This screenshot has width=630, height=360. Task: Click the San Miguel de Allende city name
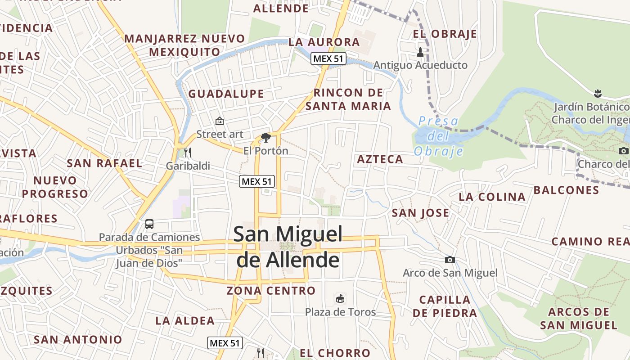point(288,247)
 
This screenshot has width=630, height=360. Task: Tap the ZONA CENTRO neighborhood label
point(271,291)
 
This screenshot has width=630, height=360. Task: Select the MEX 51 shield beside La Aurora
point(328,58)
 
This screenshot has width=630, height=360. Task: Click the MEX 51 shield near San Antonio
point(225,343)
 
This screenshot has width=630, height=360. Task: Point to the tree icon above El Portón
point(266,137)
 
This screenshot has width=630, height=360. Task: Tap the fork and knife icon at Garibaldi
point(188,152)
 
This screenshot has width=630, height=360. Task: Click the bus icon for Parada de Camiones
point(149,224)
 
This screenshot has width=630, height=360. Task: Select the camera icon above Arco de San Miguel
point(450,260)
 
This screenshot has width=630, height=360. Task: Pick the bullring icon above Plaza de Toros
point(340,298)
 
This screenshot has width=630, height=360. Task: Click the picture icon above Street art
point(220,121)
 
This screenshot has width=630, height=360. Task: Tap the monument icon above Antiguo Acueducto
point(420,52)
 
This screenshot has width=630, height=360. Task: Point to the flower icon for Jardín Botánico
point(598,94)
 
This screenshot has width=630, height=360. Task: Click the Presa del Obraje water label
point(438,136)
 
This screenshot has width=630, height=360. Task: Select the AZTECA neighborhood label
point(380,159)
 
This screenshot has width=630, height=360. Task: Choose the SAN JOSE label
point(420,213)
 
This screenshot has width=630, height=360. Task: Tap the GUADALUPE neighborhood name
point(226,94)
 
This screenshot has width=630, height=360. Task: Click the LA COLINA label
point(492,197)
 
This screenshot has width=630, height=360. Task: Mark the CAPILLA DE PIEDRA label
point(445,306)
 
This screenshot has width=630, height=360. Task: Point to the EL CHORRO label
point(335,353)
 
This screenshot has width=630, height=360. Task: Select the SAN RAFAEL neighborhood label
point(104,163)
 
